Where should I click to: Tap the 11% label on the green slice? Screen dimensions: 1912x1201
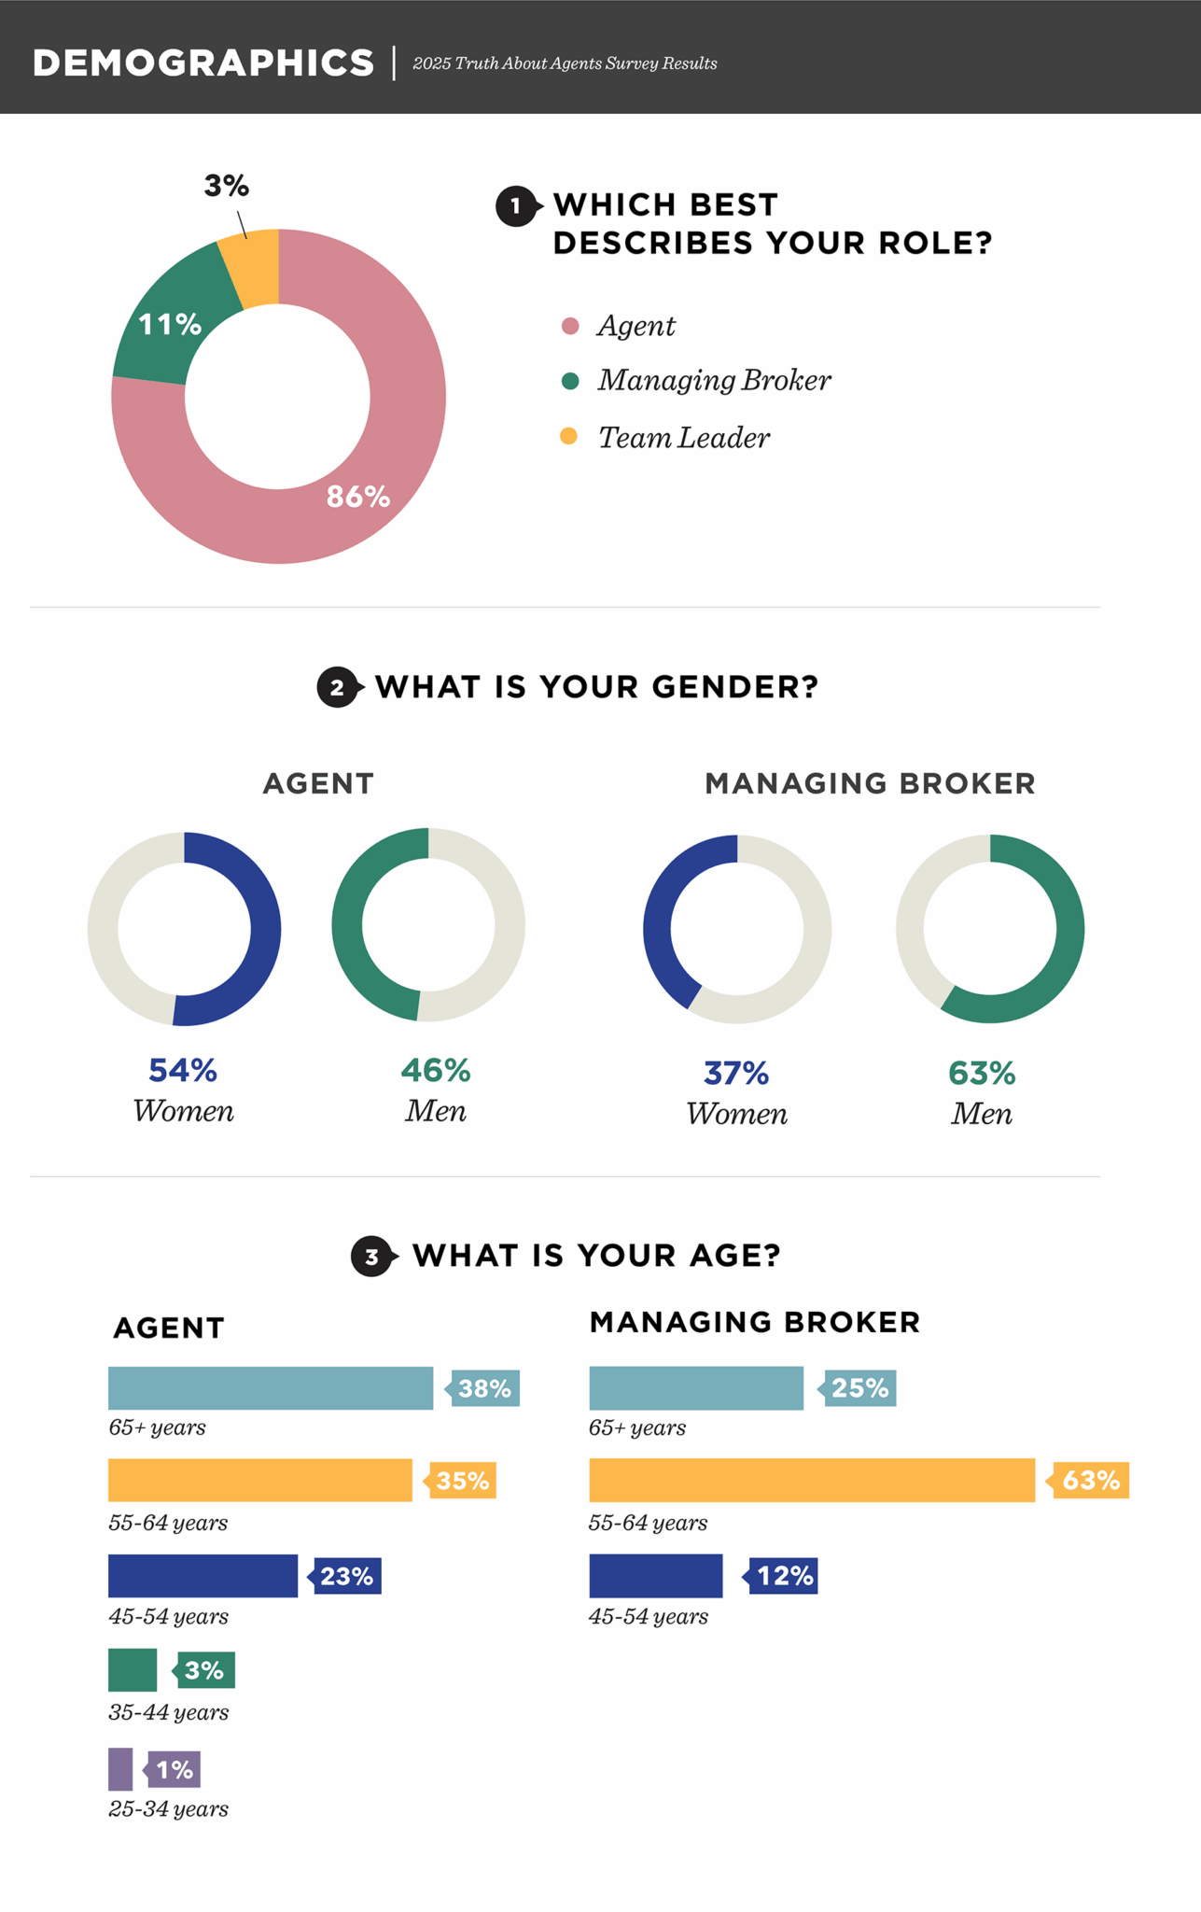pyautogui.click(x=170, y=325)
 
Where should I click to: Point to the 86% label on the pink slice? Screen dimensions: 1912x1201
pyautogui.click(x=358, y=497)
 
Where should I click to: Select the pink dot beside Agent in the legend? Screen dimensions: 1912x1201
pyautogui.click(x=570, y=326)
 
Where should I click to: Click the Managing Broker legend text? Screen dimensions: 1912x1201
pyautogui.click(x=714, y=381)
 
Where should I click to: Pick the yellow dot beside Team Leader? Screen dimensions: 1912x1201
pyautogui.click(x=569, y=436)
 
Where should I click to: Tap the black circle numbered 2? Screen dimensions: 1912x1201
pyautogui.click(x=337, y=688)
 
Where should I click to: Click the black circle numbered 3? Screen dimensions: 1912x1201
pyautogui.click(x=371, y=1257)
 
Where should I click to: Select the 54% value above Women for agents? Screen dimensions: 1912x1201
pyautogui.click(x=183, y=1071)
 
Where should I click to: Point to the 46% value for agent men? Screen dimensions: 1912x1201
pyautogui.click(x=436, y=1071)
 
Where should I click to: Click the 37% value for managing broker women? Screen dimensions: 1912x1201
pyautogui.click(x=736, y=1074)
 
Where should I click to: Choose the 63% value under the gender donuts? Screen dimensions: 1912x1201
pyautogui.click(x=982, y=1074)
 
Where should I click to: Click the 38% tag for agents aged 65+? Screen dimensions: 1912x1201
pyautogui.click(x=484, y=1388)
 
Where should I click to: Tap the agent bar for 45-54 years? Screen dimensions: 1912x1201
pyautogui.click(x=202, y=1576)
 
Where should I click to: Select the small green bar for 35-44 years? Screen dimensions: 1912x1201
pyautogui.click(x=133, y=1670)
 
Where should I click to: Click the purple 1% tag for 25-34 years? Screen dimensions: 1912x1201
pyautogui.click(x=175, y=1769)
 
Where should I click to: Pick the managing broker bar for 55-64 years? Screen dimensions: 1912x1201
pyautogui.click(x=812, y=1480)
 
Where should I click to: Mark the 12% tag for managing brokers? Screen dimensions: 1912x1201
pyautogui.click(x=784, y=1576)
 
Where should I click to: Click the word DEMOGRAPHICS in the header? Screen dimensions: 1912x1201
pyautogui.click(x=203, y=63)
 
